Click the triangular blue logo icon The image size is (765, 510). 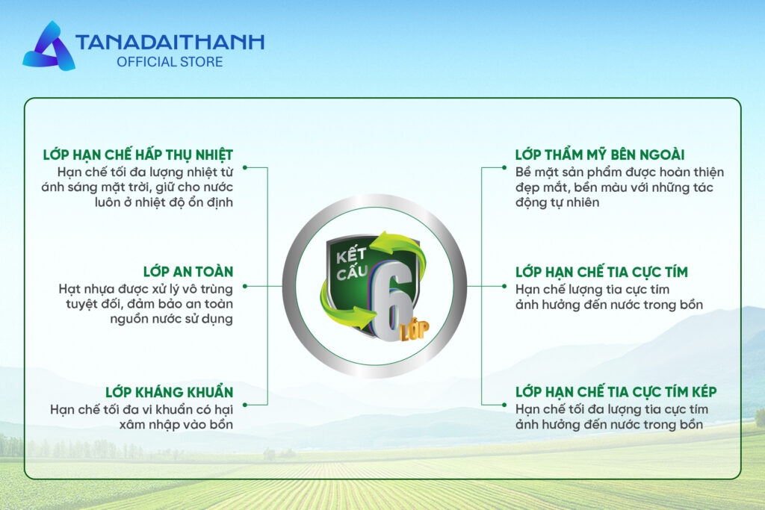[x=49, y=47]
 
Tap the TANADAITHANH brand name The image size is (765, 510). [x=170, y=43]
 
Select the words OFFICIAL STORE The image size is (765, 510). [x=170, y=62]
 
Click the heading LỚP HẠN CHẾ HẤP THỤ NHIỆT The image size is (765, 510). [x=138, y=155]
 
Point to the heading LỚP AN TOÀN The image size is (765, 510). [x=188, y=272]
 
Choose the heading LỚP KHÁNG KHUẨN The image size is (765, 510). [x=170, y=392]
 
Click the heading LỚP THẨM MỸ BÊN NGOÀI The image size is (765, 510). [x=600, y=155]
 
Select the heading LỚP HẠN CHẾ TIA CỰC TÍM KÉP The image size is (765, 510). [x=616, y=391]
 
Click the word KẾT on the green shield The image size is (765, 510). [x=351, y=255]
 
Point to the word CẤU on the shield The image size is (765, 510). [x=352, y=272]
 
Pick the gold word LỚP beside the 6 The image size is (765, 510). [x=415, y=329]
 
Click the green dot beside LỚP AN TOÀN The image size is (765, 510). [x=245, y=286]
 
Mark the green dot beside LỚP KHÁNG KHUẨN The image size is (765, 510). [x=245, y=405]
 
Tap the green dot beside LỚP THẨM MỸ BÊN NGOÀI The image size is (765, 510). [x=504, y=168]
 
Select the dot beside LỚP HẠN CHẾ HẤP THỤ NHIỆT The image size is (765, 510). [x=245, y=168]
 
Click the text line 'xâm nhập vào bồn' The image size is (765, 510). [x=176, y=425]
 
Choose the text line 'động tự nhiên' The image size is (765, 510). [x=557, y=202]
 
